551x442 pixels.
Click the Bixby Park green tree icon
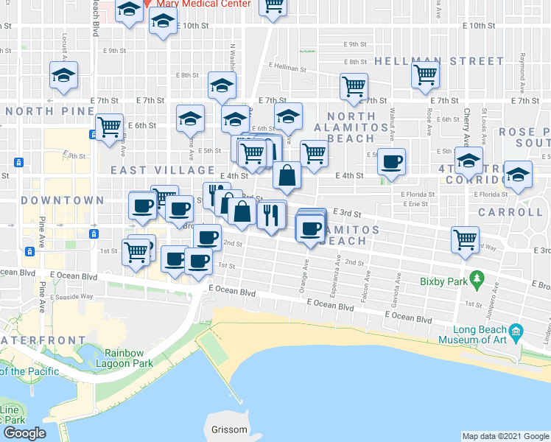477,279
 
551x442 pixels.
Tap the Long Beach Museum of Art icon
515,329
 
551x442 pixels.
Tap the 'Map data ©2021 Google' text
505,436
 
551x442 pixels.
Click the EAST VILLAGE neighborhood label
152,170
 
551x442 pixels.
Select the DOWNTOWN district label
62,200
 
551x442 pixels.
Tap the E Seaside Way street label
74,296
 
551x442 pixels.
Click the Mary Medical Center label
203,4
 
